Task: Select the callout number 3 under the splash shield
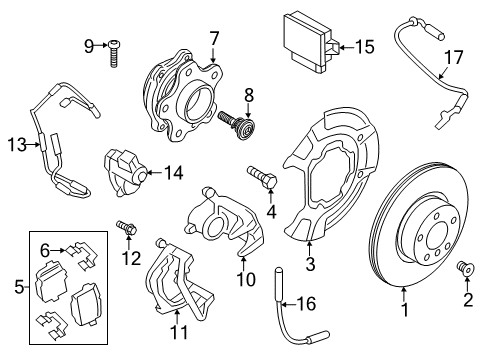310,264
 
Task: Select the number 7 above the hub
213,39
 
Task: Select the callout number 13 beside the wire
14,145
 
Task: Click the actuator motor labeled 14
122,170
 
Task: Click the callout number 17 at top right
453,58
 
